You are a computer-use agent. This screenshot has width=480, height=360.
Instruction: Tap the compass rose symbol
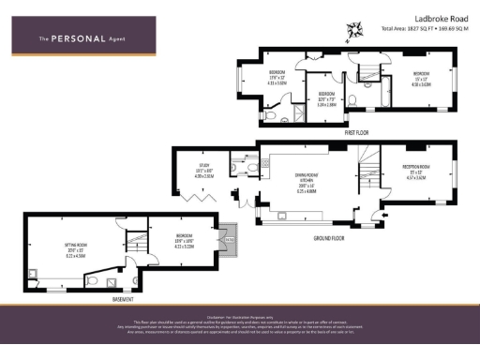pos(355,32)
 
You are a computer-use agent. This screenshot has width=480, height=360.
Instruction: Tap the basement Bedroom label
pos(184,240)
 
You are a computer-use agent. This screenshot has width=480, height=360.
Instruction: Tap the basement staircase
pos(139,242)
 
